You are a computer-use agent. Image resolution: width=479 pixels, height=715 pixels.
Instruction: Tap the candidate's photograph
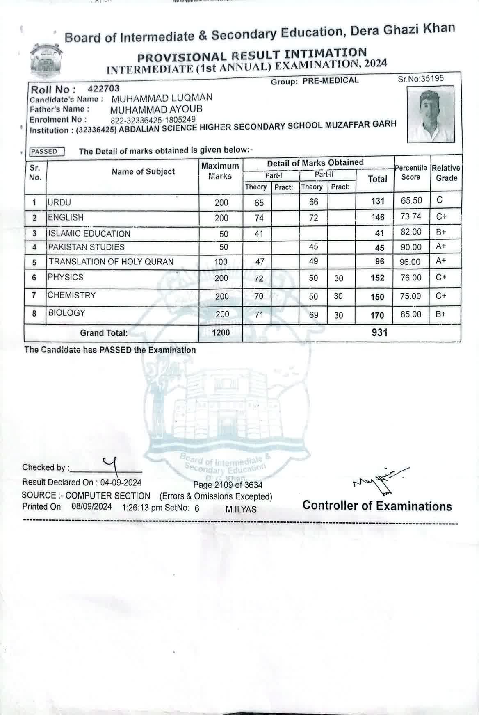click(431, 114)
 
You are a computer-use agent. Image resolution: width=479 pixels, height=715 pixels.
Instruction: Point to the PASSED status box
click(46, 152)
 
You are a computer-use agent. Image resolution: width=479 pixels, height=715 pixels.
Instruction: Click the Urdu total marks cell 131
click(377, 201)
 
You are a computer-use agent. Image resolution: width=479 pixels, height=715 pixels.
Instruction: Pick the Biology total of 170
click(377, 315)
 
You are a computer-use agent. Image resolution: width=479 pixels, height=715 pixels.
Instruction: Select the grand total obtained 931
click(379, 332)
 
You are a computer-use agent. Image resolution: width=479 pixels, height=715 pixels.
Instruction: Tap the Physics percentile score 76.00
click(411, 278)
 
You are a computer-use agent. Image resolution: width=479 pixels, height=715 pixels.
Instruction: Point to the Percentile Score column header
click(411, 173)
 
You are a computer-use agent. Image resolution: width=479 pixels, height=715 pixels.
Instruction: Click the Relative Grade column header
click(446, 173)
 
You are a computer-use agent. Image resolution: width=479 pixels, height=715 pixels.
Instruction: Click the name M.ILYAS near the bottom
click(241, 509)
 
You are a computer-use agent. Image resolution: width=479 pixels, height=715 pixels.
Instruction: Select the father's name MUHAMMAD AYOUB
click(156, 109)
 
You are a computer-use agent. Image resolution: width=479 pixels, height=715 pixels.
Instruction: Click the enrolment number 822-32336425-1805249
click(153, 120)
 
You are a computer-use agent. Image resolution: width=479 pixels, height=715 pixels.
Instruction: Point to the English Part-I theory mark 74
click(259, 218)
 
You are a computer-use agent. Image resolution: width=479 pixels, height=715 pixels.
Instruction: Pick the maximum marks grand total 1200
click(221, 333)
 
